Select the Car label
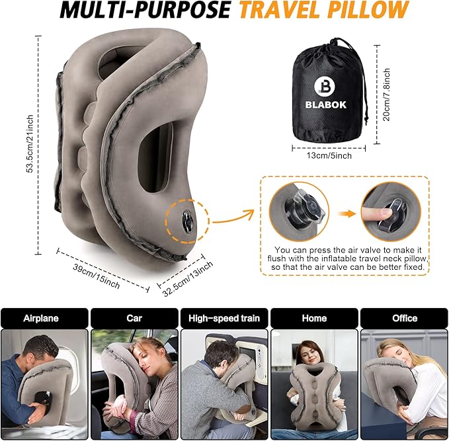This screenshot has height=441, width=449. coord(134,318)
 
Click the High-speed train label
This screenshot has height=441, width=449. coord(224,318)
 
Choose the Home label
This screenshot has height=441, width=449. coord(314,318)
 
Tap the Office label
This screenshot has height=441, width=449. coord(405,318)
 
